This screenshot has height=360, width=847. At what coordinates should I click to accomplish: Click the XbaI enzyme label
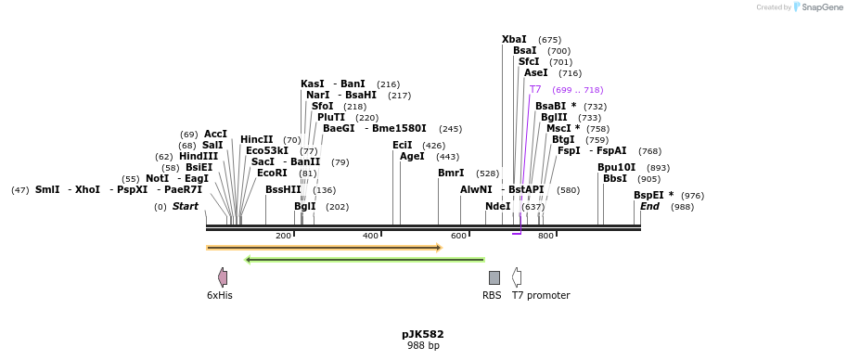click(x=514, y=39)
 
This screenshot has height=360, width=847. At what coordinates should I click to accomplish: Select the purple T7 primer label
click(x=535, y=90)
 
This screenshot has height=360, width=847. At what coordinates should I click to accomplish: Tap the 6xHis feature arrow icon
click(x=223, y=277)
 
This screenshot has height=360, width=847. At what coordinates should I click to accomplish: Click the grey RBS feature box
click(x=494, y=277)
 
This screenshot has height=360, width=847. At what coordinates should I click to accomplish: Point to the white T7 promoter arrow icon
click(x=517, y=277)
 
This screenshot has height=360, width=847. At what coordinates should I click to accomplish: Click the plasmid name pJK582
click(x=423, y=334)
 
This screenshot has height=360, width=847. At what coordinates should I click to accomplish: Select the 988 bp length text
click(x=423, y=346)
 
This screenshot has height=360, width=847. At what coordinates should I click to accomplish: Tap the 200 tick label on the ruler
click(x=283, y=236)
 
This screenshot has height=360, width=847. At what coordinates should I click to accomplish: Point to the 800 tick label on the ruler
click(x=545, y=236)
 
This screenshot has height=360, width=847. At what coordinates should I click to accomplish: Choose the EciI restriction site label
click(x=403, y=145)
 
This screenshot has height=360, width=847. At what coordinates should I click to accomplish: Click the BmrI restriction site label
click(x=451, y=173)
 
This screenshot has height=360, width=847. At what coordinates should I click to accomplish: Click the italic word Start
click(x=186, y=206)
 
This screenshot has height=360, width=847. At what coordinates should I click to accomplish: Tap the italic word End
click(x=649, y=206)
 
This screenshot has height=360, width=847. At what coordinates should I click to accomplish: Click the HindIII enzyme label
click(x=199, y=156)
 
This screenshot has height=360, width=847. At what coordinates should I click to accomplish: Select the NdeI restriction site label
click(x=498, y=206)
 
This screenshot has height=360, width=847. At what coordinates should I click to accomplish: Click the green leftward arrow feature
click(x=365, y=260)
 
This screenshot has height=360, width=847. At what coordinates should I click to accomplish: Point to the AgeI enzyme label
click(x=412, y=156)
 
